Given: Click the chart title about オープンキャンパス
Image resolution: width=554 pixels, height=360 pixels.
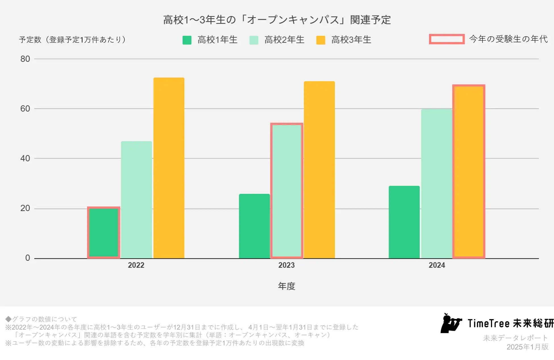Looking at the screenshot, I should coord(277,20).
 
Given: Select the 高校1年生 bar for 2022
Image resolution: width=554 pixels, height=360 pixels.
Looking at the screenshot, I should coord(104,233).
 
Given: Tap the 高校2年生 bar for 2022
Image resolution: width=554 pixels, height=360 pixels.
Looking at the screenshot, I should coord(136,200).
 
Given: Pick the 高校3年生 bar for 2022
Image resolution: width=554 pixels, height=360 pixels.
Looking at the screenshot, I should coord(169,168).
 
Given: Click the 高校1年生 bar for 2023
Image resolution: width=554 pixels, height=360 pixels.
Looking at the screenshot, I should coord(254,226).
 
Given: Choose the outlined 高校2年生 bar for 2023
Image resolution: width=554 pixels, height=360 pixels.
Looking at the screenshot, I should coord(287,191).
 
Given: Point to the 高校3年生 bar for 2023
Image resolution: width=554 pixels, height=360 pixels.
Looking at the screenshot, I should coord(319,170).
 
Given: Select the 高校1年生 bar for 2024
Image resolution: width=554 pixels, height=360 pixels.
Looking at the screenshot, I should coord(404,222).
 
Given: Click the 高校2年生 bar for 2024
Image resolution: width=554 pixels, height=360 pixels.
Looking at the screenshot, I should coord(437,184).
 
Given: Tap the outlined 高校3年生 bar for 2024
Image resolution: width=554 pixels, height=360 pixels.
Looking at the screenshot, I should coord(469,171).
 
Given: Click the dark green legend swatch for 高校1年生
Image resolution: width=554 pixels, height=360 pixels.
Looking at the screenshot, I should coord(187,40).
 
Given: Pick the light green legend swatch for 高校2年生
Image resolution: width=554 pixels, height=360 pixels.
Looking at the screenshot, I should coord(254,40).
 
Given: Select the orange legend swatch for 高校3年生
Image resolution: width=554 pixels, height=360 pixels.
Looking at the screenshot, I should coord(321,40).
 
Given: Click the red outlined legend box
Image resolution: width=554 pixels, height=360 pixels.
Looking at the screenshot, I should coord(447,39).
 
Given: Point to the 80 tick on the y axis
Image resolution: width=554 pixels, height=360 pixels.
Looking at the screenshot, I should coord(25,59).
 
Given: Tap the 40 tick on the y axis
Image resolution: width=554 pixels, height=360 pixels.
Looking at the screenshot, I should coord(25,158).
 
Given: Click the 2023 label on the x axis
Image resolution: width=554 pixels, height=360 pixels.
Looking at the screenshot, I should coord(286,265).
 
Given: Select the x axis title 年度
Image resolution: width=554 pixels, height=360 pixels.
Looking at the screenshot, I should coord(286,286).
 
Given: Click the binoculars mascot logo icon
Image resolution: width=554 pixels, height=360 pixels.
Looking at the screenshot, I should coord(451,323).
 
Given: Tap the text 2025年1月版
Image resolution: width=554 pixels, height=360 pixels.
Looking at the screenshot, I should coord(527,347).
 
